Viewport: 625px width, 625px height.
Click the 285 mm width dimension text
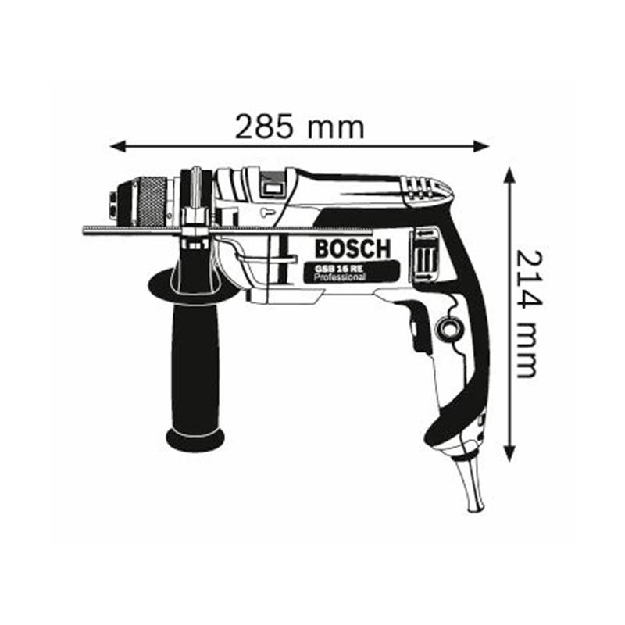coord(300,127)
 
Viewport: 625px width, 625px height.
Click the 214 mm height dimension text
coord(530,315)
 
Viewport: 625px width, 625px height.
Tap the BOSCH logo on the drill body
coord(352,248)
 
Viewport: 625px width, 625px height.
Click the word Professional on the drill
coord(339,277)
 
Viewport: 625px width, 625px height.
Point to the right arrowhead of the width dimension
coord(480,146)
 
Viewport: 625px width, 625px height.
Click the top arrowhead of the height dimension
coord(509,175)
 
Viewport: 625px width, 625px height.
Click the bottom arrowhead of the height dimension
coord(509,453)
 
